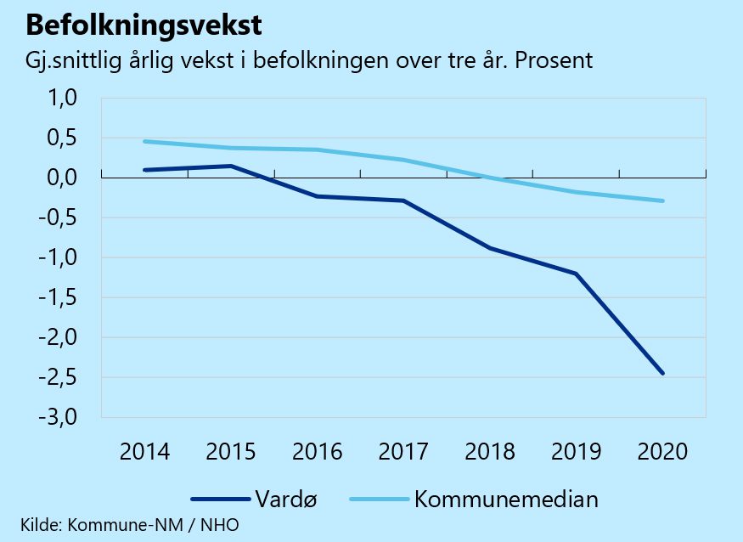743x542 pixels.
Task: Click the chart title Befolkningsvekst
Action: (144, 25)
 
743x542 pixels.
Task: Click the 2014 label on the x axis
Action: (144, 451)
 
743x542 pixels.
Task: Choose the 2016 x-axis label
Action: (318, 451)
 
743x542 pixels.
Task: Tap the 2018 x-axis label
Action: (490, 451)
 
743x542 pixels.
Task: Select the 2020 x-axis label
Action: (662, 451)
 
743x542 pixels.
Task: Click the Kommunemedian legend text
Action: (506, 499)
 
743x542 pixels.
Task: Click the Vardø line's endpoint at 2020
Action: (662, 373)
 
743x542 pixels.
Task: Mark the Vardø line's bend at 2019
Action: (577, 274)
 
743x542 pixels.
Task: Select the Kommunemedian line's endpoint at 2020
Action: (662, 200)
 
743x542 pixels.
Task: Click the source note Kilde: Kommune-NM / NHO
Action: (130, 525)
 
